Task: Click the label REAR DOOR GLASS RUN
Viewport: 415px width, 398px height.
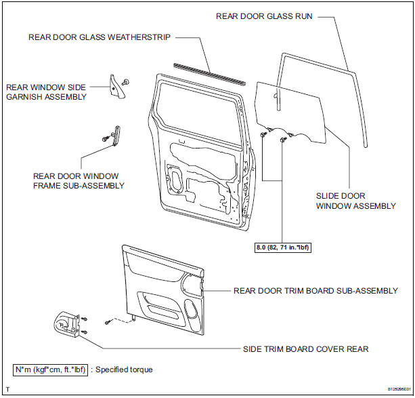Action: pyautogui.click(x=264, y=16)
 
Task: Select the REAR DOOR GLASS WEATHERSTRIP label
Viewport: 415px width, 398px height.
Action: pyautogui.click(x=100, y=37)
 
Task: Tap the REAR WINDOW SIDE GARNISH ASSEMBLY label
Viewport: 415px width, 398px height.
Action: pyautogui.click(x=47, y=92)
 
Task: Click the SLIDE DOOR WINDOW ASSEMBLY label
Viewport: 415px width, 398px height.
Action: pyautogui.click(x=355, y=200)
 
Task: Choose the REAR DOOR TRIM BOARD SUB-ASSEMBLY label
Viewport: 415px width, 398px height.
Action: pyautogui.click(x=315, y=291)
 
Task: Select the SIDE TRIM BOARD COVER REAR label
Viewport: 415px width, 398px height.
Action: pyautogui.click(x=306, y=349)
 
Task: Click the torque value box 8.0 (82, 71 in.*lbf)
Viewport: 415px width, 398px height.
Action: pyautogui.click(x=280, y=247)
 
